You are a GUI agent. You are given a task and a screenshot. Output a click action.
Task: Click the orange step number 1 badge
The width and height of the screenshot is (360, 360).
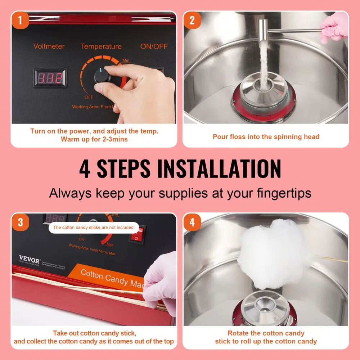[21, 20]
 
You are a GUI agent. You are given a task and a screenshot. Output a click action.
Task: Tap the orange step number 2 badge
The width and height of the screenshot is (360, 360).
[192, 20]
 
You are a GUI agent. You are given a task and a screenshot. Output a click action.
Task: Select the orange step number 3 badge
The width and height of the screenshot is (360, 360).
[21, 222]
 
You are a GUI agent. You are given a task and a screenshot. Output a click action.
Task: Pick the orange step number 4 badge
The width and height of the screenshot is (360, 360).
[192, 222]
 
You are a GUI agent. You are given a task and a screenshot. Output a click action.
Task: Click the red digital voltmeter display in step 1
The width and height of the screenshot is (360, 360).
[50, 77]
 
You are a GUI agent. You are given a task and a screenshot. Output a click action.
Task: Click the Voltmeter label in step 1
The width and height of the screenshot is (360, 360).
[49, 46]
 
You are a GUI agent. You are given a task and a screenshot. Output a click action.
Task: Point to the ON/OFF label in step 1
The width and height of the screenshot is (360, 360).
[154, 46]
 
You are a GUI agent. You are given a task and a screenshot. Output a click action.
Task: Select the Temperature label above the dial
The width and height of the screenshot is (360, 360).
[101, 46]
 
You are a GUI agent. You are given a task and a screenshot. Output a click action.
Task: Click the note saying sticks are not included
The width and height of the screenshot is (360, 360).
[94, 228]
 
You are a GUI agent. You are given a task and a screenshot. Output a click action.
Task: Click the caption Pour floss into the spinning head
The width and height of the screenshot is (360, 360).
[266, 137]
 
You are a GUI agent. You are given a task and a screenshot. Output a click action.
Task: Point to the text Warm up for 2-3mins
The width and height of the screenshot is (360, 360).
[94, 139]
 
